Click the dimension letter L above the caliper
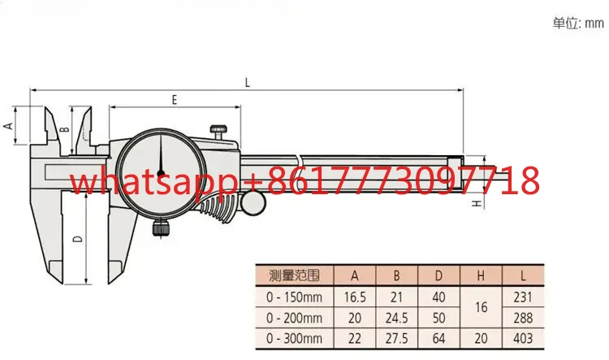pos(248,82)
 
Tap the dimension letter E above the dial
pos(175,100)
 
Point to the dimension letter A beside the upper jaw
pos(8,126)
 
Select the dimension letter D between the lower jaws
pos(78,238)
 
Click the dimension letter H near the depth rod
pos(477,203)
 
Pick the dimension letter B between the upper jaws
pos(66,128)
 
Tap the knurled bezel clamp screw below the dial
pos(161,228)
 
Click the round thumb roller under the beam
pos(253,203)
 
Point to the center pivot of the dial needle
pos(161,174)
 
